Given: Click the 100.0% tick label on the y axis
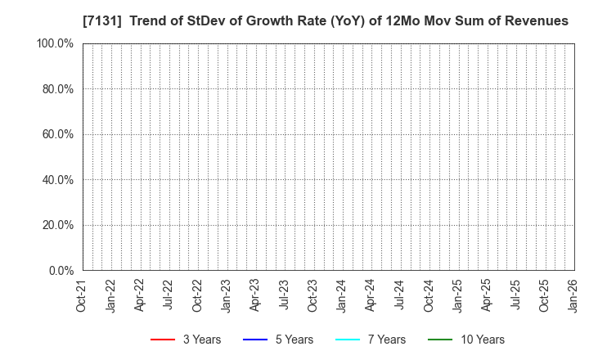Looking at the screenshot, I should (x=56, y=43).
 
